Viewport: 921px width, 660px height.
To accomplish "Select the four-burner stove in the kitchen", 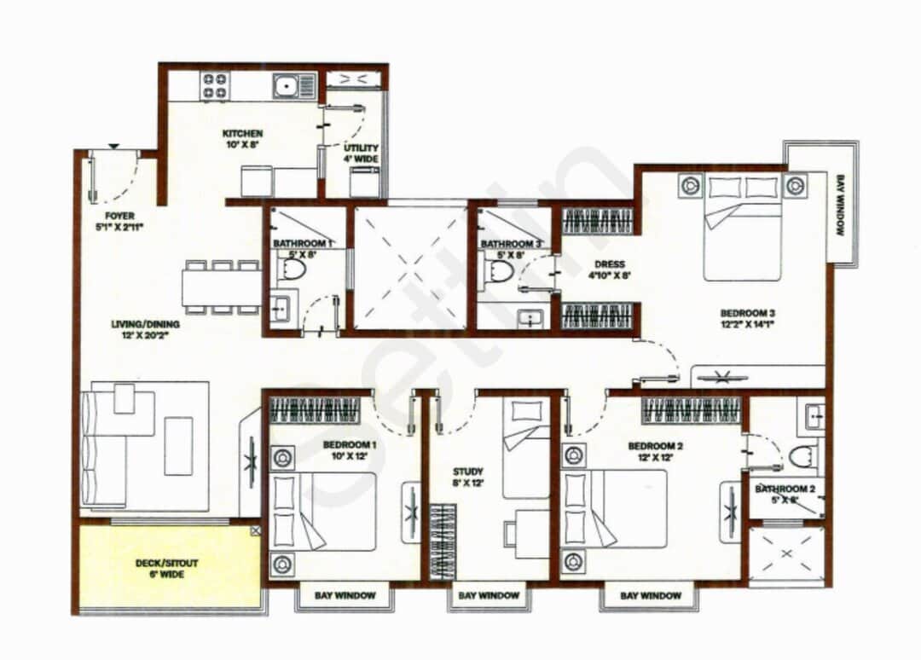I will tap(214, 86).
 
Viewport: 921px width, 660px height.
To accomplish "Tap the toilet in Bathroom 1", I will tap(293, 270).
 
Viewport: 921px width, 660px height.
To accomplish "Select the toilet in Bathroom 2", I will tap(802, 457).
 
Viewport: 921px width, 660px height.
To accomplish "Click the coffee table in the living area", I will tap(178, 445).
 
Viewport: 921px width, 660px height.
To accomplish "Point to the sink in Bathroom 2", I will tap(812, 417).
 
